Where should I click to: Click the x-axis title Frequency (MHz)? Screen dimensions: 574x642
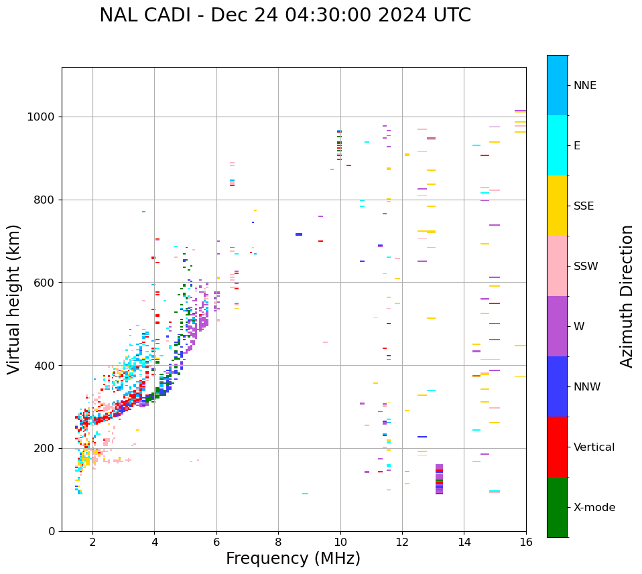pyautogui.click(x=293, y=559)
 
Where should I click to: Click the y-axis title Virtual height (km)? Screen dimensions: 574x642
pyautogui.click(x=14, y=299)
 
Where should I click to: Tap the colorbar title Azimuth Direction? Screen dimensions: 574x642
pyautogui.click(x=627, y=296)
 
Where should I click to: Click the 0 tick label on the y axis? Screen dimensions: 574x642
pyautogui.click(x=51, y=531)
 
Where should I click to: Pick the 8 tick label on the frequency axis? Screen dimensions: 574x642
pyautogui.click(x=278, y=542)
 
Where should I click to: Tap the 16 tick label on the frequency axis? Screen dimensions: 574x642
pyautogui.click(x=526, y=542)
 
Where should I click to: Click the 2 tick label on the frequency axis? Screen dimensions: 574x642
pyautogui.click(x=92, y=542)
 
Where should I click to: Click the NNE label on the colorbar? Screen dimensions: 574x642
pyautogui.click(x=584, y=86)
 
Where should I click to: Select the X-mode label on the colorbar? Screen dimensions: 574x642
pyautogui.click(x=594, y=508)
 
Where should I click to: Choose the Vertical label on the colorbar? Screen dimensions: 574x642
pyautogui.click(x=594, y=447)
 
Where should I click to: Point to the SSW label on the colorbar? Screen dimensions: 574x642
pyautogui.click(x=585, y=267)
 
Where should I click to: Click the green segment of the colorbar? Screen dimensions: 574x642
pyautogui.click(x=557, y=507)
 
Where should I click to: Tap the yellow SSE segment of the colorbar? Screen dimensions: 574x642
pyautogui.click(x=557, y=206)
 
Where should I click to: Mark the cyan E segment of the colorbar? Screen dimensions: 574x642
pyautogui.click(x=557, y=145)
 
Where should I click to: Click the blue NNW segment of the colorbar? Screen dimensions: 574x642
pyautogui.click(x=557, y=386)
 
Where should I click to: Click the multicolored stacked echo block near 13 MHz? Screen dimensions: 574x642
pyautogui.click(x=439, y=479)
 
